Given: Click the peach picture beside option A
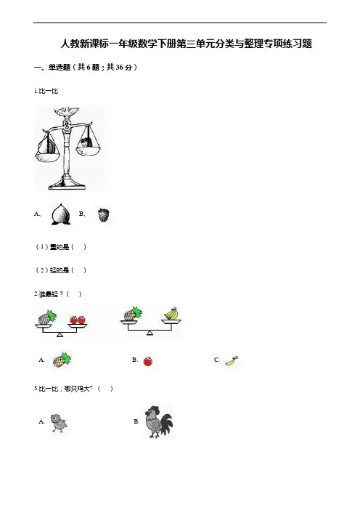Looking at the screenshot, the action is click(60, 214).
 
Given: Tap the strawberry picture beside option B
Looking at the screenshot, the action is click(104, 215).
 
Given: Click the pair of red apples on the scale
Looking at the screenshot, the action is click(78, 320).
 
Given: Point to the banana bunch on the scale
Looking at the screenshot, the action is click(171, 313).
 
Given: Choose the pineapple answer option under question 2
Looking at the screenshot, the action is click(62, 360).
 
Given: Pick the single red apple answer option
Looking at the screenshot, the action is click(148, 361).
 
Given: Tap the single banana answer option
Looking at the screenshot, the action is click(232, 361).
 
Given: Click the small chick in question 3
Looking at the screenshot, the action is click(59, 423).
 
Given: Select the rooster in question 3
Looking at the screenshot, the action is click(158, 421).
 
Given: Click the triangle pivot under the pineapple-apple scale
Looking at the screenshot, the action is click(60, 335).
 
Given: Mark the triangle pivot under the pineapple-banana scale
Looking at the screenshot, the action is click(150, 333).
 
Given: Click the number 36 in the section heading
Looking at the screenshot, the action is click(119, 68).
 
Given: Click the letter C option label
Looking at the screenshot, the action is click(216, 360).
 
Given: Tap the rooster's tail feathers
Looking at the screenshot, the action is click(167, 422).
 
